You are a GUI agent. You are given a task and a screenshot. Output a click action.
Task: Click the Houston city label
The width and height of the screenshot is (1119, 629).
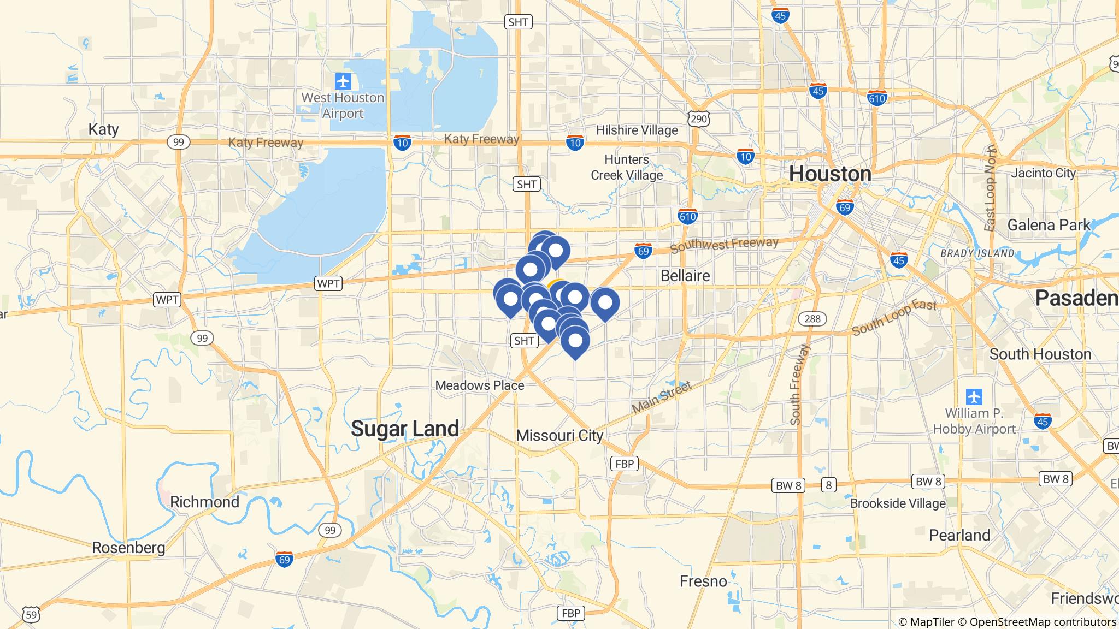[830, 174]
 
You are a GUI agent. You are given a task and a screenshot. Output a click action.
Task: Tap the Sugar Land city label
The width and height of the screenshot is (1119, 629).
[405, 429]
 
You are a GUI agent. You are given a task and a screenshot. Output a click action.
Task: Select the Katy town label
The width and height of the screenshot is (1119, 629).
[103, 129]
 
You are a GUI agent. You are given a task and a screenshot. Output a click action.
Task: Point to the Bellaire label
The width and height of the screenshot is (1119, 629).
[685, 276]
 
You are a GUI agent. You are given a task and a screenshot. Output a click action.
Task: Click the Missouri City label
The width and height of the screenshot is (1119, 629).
[559, 435]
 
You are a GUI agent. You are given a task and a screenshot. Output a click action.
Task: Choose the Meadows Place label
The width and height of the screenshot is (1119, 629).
[479, 385]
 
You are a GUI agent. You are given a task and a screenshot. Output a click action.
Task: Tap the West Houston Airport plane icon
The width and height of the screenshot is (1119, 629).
[343, 82]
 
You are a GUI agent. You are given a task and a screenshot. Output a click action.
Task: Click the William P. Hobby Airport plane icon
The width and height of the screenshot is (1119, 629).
[974, 396]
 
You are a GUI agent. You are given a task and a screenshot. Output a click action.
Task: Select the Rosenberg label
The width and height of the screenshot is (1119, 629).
[128, 548]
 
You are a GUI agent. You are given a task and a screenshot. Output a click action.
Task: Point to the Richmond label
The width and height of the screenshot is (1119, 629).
[204, 502]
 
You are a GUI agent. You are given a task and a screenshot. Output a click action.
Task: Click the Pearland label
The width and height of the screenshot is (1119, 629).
[959, 535]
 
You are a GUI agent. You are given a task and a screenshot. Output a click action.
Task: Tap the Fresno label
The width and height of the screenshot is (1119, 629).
[703, 581]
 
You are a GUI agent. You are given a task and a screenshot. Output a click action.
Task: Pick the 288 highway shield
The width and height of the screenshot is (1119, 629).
[812, 319]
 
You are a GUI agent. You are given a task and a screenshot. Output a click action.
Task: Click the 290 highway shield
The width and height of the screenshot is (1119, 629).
[699, 118]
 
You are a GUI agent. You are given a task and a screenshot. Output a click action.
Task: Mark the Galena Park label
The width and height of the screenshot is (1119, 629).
[1049, 225]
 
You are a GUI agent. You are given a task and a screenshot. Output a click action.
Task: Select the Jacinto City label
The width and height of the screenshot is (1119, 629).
[1043, 173]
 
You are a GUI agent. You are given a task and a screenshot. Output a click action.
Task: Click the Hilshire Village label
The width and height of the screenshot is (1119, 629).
[637, 130]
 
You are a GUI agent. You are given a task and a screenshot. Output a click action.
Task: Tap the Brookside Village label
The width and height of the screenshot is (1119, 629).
[897, 503]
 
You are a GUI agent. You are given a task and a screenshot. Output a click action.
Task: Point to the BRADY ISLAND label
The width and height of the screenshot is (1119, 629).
[977, 253]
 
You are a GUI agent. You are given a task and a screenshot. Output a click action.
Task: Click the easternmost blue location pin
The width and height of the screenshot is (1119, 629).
[605, 302]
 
